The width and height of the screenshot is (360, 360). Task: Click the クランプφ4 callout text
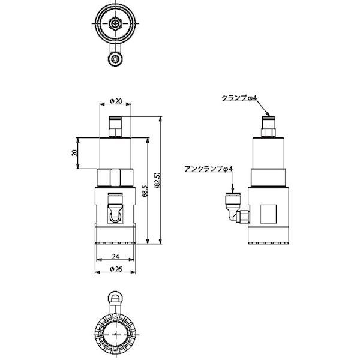239,98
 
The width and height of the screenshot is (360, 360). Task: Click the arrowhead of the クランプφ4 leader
267,115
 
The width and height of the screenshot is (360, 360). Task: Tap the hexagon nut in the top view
115,25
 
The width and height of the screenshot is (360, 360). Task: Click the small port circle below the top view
115,58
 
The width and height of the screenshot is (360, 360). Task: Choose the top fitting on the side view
268,126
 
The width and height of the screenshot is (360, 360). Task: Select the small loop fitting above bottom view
115,298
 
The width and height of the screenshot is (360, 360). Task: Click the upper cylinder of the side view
268,155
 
